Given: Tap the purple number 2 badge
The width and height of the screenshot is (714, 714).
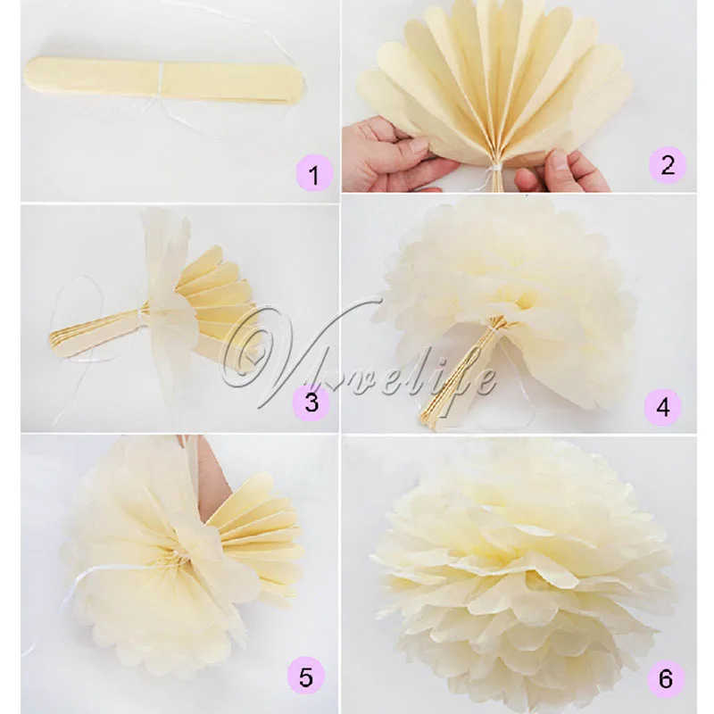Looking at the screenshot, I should [667, 164].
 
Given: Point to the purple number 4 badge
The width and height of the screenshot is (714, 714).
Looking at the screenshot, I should [662, 406].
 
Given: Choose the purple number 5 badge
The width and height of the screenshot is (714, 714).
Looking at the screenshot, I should [306, 677].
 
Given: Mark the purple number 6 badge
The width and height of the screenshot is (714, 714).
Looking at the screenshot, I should [665, 677].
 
